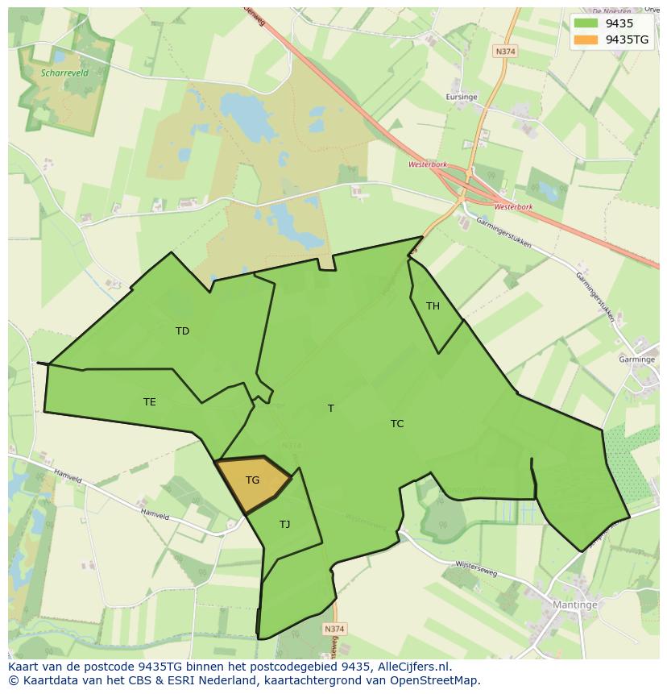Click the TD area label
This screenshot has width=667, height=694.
[182, 330]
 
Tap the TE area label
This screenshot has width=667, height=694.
[149, 401]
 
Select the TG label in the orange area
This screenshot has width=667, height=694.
[252, 480]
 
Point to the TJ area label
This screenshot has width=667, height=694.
[284, 525]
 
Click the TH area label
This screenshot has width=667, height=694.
[433, 305]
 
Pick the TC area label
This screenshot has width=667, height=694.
[397, 423]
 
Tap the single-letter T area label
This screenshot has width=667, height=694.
[330, 408]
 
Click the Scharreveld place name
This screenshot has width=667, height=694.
[64, 73]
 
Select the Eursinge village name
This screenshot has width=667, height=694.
[462, 97]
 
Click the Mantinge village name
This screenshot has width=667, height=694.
[574, 605]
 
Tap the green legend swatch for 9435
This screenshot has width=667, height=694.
[586, 23]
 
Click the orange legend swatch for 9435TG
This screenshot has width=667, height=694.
[586, 39]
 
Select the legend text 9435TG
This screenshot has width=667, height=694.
[628, 39]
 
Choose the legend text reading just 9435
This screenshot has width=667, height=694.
[619, 23]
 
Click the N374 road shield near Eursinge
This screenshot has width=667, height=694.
[505, 51]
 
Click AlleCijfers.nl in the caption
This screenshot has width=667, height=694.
[414, 667]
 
